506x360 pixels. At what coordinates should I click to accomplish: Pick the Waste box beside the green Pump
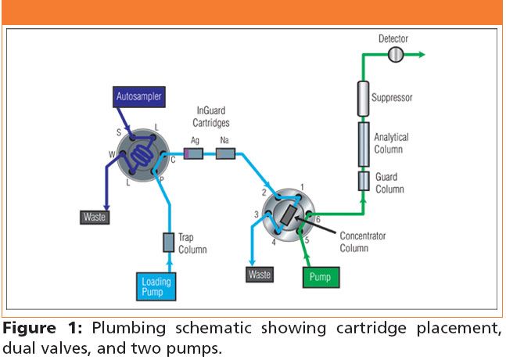(260, 275)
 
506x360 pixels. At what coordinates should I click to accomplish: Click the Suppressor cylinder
(364, 99)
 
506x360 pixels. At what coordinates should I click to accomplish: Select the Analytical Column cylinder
(364, 143)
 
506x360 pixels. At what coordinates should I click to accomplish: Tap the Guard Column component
(364, 182)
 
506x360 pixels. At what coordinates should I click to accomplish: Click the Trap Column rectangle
(168, 243)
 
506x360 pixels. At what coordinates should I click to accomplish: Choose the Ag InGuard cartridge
(193, 155)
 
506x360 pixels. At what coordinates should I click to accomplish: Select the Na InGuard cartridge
(225, 155)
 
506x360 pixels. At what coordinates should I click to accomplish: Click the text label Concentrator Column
(364, 241)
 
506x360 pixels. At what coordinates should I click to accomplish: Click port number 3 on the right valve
(256, 214)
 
